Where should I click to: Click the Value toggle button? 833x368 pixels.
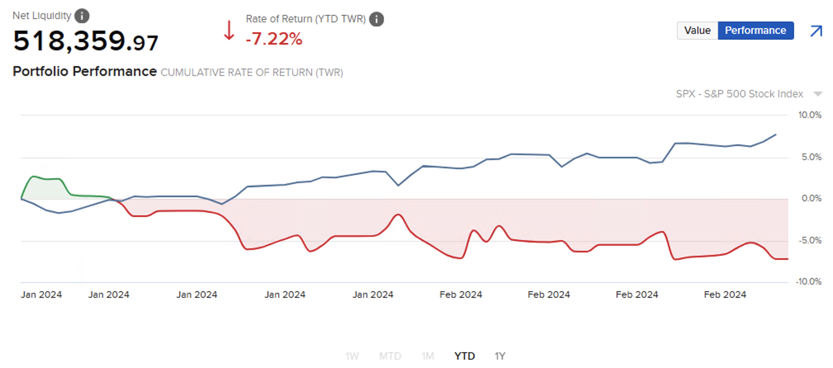tap(697, 31)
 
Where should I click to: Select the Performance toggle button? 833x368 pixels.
tap(755, 31)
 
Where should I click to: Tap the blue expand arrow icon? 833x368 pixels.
tap(816, 31)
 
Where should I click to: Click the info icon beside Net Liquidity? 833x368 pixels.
tap(82, 16)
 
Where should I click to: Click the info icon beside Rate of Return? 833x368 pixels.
tap(376, 19)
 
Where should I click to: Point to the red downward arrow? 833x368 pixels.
tap(229, 31)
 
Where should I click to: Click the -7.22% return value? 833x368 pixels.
tap(274, 39)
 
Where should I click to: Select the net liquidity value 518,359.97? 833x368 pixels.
tap(85, 41)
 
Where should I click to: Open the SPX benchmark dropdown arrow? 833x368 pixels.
tap(818, 94)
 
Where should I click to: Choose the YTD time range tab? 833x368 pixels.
tap(464, 356)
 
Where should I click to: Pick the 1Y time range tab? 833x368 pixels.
tap(500, 356)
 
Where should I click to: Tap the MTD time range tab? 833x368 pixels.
tap(390, 356)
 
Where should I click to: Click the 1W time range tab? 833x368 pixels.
tap(352, 356)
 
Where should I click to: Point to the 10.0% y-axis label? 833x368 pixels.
tap(809, 115)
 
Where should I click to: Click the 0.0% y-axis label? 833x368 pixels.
tap(811, 198)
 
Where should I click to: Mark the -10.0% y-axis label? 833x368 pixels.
tap(809, 282)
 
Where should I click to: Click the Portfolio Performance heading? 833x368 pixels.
tap(85, 71)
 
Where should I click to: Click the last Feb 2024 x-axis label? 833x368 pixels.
tap(725, 295)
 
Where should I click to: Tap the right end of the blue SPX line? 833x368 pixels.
tap(776, 134)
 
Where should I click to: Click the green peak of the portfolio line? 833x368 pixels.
tap(33, 177)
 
